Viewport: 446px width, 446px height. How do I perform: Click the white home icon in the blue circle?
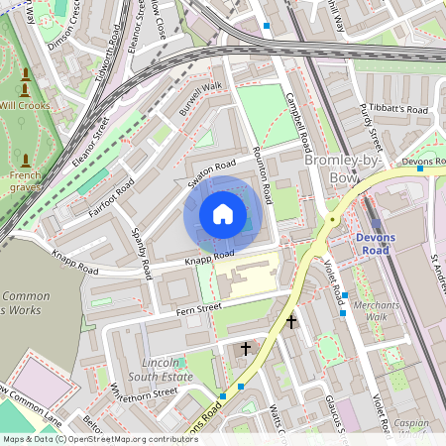223,213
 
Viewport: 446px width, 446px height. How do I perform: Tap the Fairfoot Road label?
111,197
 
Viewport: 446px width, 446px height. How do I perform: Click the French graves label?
24,180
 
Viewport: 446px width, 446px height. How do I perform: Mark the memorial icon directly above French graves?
25,160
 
